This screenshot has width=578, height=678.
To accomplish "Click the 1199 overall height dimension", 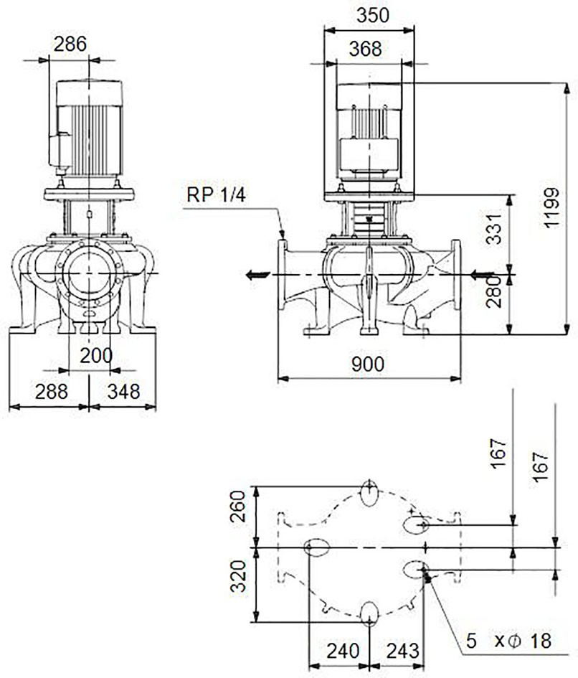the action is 551,207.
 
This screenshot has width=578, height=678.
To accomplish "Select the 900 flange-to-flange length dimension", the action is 368,364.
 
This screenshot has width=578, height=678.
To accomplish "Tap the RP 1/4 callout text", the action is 216,195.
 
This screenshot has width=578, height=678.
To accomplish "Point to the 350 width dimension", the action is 373,16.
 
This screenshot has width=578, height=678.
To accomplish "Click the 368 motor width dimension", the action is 365,49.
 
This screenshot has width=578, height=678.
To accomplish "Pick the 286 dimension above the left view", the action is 70,44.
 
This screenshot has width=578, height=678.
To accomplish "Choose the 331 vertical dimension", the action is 493,228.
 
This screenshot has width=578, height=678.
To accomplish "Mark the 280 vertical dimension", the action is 493,292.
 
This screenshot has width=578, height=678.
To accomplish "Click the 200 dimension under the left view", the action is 96,356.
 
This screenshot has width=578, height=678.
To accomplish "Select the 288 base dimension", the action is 52,392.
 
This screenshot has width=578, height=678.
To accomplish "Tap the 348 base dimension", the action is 123,392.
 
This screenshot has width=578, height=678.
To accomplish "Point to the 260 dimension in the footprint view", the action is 237,507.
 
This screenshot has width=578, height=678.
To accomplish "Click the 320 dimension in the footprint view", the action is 237,576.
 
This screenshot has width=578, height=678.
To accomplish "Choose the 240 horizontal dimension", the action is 343,651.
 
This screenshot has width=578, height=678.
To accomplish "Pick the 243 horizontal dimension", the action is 403,651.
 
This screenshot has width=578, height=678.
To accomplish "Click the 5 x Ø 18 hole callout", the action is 509,641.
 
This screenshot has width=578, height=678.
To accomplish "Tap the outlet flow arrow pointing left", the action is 258,275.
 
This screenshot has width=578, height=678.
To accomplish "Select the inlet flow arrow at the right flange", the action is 482,273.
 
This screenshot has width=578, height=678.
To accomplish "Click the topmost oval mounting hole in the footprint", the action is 369,494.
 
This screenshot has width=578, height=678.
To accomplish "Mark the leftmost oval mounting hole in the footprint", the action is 317,547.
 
